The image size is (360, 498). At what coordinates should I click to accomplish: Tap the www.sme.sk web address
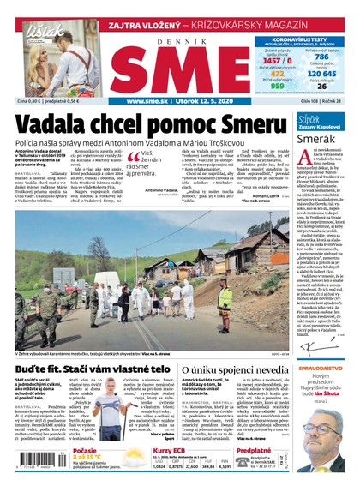coord(147,101)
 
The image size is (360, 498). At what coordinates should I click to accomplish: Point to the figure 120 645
coord(322,74)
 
